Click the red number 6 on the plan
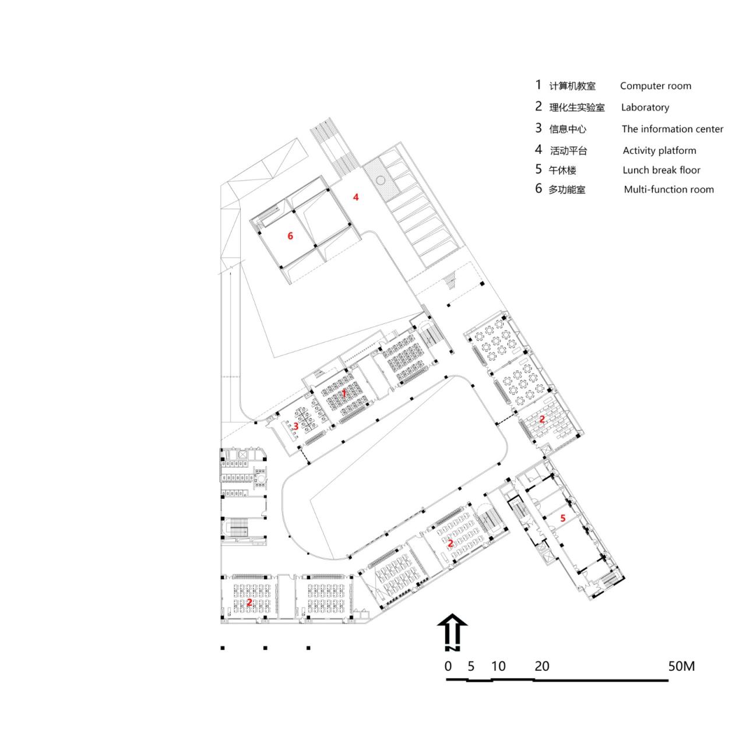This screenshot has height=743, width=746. pos(290,236)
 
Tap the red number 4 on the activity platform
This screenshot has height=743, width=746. pos(356,197)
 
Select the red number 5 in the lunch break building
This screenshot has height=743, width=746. pos(562,517)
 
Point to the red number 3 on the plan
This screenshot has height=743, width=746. pos(296,426)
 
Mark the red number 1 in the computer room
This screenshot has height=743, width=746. pos(344,393)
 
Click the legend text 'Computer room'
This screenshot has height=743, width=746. pos(655,86)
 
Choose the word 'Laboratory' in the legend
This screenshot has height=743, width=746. pos(645,107)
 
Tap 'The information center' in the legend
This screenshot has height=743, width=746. pos(672,129)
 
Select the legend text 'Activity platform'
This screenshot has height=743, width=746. pos(659,150)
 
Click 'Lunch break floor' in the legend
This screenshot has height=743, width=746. pos(661,170)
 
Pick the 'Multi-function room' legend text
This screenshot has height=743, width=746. pos(668,189)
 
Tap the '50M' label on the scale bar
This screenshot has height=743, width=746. pos(681,666)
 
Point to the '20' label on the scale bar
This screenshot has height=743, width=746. pos(542,666)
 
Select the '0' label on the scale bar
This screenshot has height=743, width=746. pos(448,666)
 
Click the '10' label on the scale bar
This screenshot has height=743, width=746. pos(498,666)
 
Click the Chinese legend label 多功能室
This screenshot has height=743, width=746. pos(566,189)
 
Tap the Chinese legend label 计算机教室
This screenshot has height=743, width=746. pos(572,86)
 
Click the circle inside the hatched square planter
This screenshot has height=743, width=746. pos(379,179)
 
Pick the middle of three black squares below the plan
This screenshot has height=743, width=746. pos(265,647)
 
